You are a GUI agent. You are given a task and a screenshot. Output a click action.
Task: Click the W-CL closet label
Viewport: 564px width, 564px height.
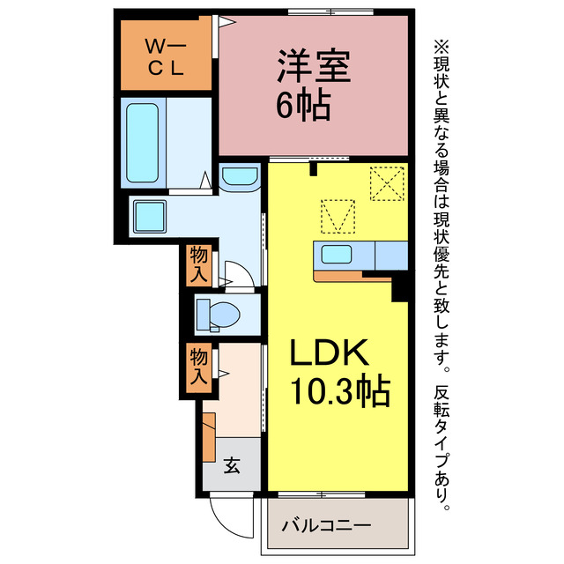165,57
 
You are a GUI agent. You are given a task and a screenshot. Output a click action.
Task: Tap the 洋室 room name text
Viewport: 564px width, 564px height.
315,66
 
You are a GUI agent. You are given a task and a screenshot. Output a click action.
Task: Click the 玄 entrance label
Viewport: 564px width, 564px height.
231,464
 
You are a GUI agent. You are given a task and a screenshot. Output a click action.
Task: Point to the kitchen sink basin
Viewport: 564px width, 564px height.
340,255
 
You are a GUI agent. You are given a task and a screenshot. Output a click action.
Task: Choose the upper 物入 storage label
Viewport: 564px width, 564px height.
198,263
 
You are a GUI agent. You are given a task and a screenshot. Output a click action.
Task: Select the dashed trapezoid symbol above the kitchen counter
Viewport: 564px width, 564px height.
336,214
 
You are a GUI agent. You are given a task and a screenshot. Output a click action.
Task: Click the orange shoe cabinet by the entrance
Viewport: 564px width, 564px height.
208,436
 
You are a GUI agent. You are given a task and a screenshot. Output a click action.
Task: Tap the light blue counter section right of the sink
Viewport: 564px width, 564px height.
391,255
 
